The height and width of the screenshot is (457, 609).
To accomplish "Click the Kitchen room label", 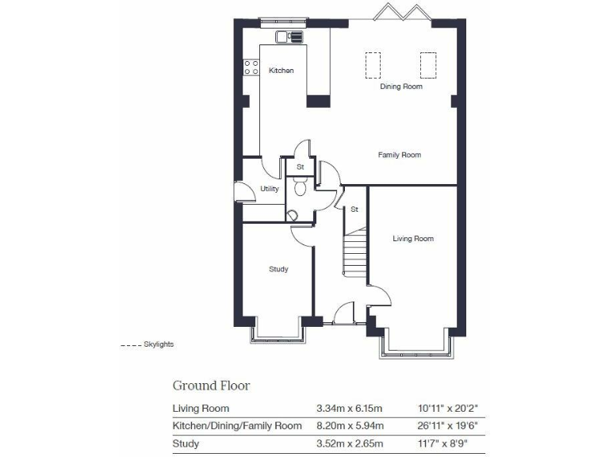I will point(281,71).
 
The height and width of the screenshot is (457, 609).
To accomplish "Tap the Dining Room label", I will point(401,86).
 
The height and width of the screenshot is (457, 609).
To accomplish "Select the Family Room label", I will point(399,155).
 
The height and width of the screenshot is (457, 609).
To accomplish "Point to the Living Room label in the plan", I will point(413,238).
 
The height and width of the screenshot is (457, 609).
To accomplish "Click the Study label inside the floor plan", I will point(278,269).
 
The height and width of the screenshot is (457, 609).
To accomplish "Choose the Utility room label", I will point(270,189).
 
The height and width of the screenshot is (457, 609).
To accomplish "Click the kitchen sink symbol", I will point(289,36).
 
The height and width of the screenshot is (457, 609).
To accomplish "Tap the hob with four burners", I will point(252,68).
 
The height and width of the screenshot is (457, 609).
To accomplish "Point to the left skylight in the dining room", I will point(372,64).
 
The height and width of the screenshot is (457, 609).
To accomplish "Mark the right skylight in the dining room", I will point(427,64).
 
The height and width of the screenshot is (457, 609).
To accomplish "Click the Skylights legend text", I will point(158,344).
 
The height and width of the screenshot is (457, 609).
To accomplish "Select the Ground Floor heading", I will point(211,386).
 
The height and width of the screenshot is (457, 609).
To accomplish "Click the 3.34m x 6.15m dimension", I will point(349,409).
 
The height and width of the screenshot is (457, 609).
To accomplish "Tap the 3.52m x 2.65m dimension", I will point(349,444).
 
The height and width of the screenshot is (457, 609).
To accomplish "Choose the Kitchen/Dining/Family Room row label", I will point(237,426).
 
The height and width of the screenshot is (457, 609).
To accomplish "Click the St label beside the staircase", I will point(354,209).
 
